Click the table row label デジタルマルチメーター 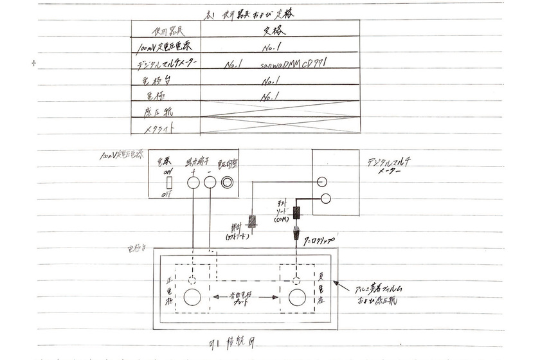coord(166,64)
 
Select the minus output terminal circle coord(210,183)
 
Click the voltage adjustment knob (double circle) coord(228,183)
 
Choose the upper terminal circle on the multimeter coord(323,183)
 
